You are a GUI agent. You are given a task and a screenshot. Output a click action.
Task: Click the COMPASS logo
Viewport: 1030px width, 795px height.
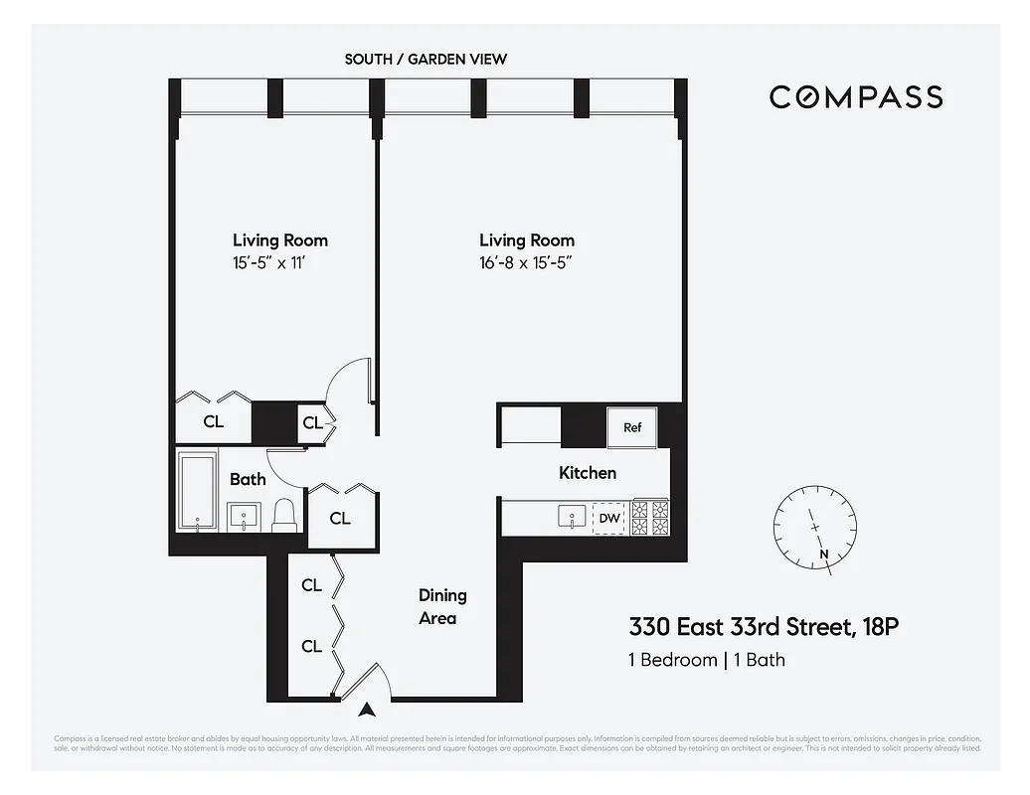[856, 96]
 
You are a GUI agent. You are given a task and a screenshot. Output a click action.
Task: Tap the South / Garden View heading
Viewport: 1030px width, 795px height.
[426, 59]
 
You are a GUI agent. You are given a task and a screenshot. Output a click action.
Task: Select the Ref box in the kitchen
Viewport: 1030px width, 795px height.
[632, 427]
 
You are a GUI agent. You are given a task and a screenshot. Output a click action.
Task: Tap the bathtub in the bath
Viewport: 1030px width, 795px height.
[198, 492]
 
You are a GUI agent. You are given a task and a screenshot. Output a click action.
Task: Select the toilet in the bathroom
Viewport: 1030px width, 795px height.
[284, 514]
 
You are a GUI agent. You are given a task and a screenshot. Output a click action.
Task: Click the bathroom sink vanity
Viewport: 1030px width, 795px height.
[244, 517]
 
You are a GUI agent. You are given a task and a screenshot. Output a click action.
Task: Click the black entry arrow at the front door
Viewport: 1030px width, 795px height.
[368, 710]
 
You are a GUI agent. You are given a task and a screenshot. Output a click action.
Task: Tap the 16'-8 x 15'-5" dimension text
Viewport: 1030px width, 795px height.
[526, 263]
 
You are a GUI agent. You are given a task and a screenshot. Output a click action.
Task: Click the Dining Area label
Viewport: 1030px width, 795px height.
[440, 606]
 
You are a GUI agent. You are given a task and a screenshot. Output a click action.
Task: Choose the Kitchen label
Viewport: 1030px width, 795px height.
[587, 473]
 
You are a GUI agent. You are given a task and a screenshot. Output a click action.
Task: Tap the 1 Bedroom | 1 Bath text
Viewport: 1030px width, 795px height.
[706, 660]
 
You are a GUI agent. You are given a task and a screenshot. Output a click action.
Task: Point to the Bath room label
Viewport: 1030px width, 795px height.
[248, 479]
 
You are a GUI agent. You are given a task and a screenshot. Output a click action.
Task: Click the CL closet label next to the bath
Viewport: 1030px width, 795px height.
[339, 518]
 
